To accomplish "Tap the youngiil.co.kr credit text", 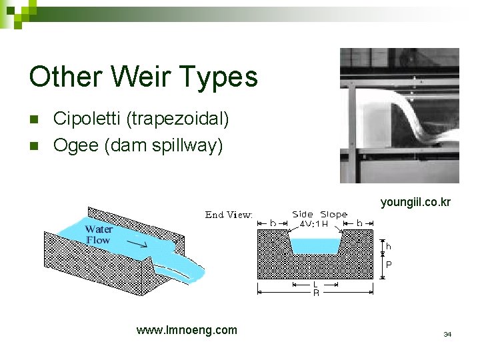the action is [x=415, y=201].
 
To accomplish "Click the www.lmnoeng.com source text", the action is [x=186, y=329].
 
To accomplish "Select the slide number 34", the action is [x=447, y=334].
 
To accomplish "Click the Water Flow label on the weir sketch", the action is [x=98, y=235].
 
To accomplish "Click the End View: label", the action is [x=229, y=215].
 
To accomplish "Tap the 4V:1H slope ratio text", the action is [x=313, y=224].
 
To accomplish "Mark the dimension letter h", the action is [x=389, y=246].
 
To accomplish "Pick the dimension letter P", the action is [x=389, y=265].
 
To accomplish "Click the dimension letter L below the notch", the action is [x=315, y=285].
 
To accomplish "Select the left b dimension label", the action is [x=272, y=223].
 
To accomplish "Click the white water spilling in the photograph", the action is [x=413, y=120].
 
